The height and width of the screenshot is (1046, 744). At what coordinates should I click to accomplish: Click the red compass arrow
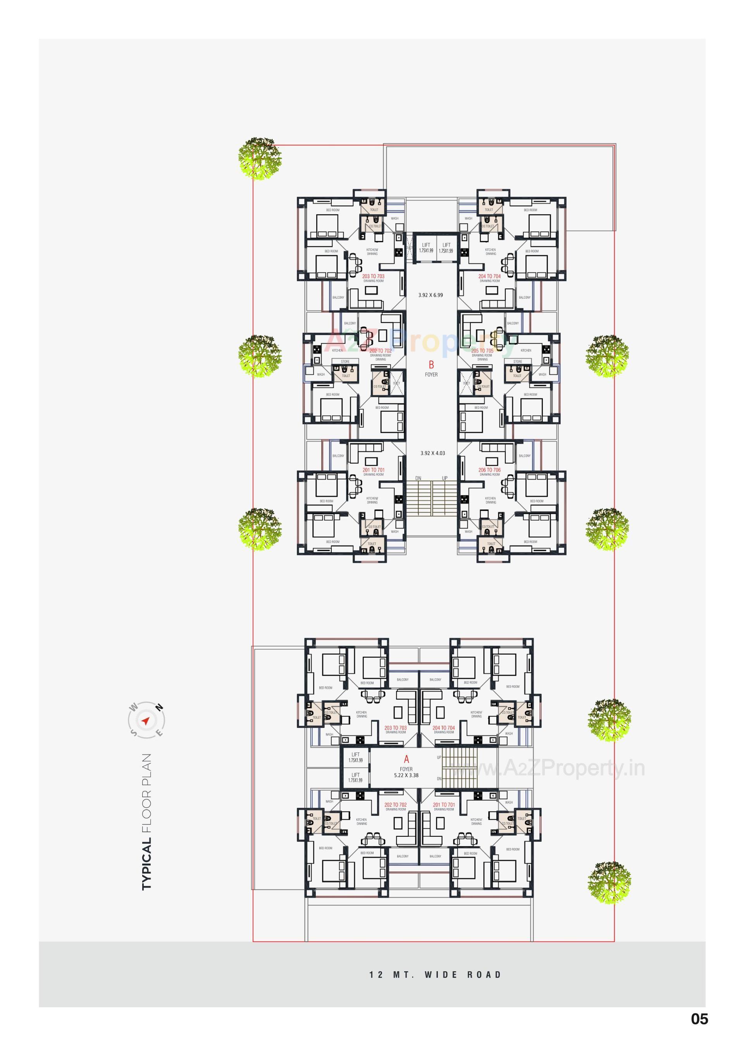tap(146, 721)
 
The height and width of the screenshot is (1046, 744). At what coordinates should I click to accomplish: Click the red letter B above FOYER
tap(431, 365)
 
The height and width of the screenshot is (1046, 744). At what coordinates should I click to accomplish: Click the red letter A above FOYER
tap(406, 759)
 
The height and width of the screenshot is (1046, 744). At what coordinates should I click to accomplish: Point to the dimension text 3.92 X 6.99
tap(431, 295)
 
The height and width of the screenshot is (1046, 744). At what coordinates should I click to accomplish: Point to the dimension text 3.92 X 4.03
tap(432, 453)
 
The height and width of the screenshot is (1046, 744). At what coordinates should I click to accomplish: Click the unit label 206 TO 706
tap(490, 470)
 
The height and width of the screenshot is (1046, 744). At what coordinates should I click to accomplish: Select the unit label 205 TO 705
tap(482, 351)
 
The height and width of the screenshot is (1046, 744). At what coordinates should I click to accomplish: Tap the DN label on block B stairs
tap(418, 478)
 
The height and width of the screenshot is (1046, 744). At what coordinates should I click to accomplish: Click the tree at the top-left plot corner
tap(260, 158)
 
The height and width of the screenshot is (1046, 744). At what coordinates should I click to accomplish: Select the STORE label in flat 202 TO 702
tap(345, 361)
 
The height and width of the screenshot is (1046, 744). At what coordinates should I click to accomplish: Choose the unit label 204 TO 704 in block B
tap(489, 276)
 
